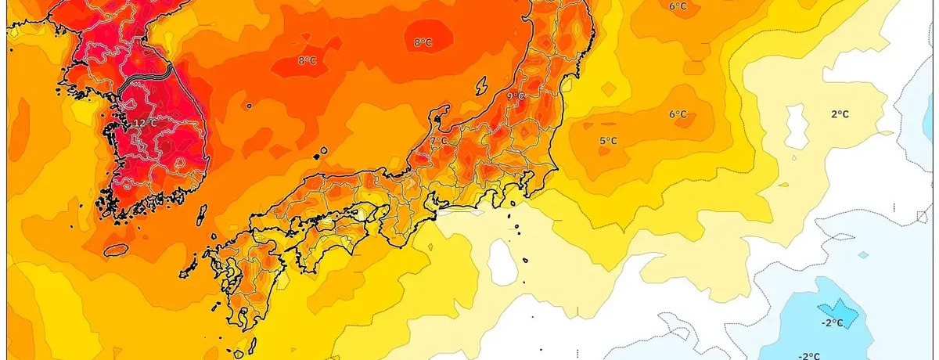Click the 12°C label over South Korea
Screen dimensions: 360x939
point(146,123)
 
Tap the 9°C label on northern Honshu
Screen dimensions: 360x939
point(516,96)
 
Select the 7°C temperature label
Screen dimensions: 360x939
point(439,141)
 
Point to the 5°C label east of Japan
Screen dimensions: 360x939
point(608,141)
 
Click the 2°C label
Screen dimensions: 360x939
point(840,114)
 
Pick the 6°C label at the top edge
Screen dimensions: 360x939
point(678,7)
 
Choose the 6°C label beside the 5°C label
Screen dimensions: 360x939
point(678,114)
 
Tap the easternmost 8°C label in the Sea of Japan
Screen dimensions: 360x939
point(423,42)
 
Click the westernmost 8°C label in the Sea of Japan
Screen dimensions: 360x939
point(307,60)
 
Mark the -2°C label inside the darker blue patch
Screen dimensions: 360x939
point(832,322)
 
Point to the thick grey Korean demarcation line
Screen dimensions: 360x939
point(146,76)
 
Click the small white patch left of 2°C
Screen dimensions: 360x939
point(796,125)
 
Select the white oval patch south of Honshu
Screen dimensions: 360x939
point(503,261)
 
